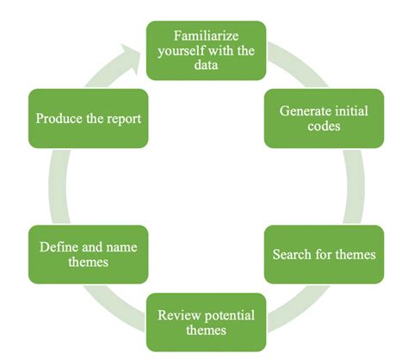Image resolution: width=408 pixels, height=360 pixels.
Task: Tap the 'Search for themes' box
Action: click(x=324, y=255)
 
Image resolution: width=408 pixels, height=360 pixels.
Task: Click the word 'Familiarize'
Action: click(x=206, y=36)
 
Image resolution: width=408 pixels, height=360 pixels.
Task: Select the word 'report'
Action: click(x=121, y=118)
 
